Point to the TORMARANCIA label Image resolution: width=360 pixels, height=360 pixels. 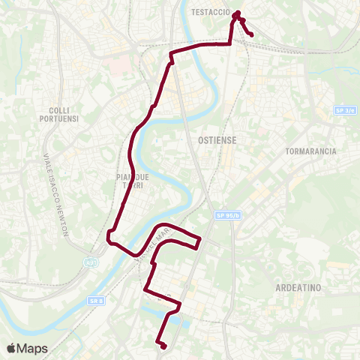[x=311, y=151]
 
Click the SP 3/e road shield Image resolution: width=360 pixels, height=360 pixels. [x=345, y=110]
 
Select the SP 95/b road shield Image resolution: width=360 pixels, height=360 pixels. [x=229, y=215]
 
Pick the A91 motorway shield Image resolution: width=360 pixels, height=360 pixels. [x=91, y=262]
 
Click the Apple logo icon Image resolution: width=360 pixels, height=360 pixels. [x=11, y=348]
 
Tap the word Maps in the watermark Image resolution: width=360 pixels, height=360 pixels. [x=34, y=348]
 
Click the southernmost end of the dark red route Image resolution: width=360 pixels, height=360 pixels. [x=163, y=346]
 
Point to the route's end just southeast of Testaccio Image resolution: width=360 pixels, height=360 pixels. [x=250, y=34]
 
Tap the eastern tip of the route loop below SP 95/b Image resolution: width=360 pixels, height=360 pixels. [x=199, y=241]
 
